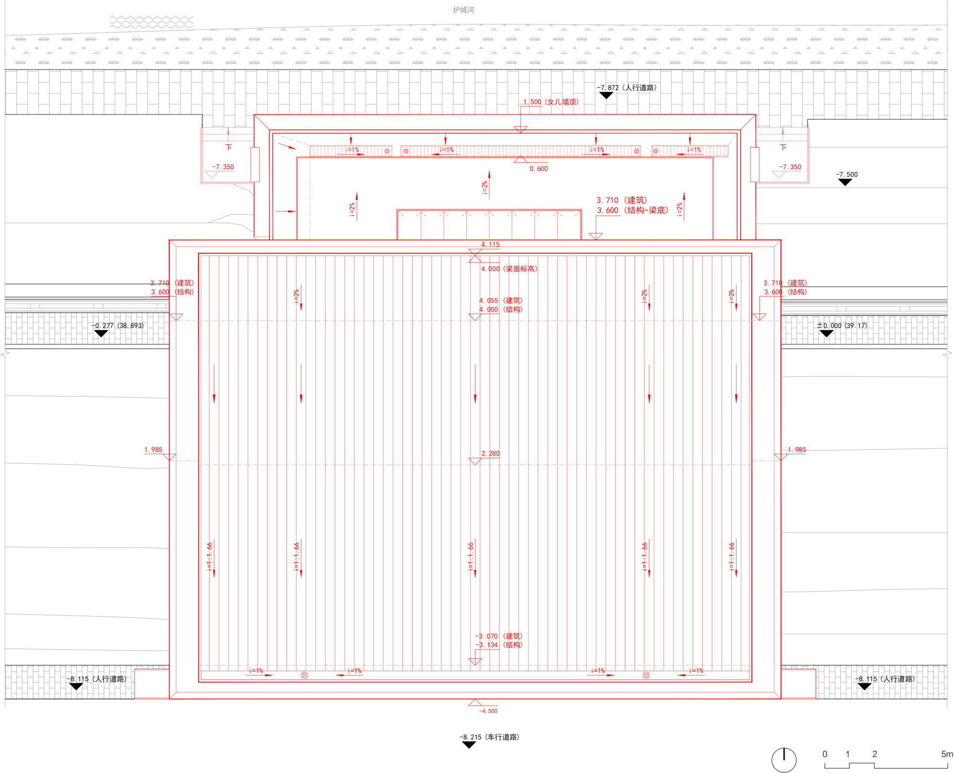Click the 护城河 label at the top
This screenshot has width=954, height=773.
pos(463,10)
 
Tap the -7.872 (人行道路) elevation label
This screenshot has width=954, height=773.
pos(626,88)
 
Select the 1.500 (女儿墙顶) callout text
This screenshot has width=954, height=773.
pos(550,102)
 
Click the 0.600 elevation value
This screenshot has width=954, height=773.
pos(539,169)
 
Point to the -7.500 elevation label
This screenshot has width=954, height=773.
pos(846,175)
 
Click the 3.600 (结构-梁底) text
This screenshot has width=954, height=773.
pos(632,210)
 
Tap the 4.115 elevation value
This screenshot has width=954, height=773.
pos(490,244)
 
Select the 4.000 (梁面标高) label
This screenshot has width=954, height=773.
pos(509,269)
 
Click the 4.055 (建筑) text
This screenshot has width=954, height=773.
pos(500,301)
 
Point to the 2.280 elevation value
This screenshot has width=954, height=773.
pos(490,453)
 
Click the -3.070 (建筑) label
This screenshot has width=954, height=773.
pos(498,636)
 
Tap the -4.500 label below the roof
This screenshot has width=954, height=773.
pos(488,711)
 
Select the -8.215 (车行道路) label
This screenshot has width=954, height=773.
pos(489,737)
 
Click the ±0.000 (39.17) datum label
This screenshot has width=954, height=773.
pos(842,326)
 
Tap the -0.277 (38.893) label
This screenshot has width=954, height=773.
pos(117,326)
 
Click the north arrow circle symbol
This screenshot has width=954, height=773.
pos(784,760)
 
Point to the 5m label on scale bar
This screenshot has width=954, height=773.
pos(946,754)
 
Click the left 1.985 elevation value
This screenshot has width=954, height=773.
pos(153,450)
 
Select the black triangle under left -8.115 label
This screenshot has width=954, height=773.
pos(76,687)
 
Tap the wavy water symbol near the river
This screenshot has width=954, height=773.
pos(152,21)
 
